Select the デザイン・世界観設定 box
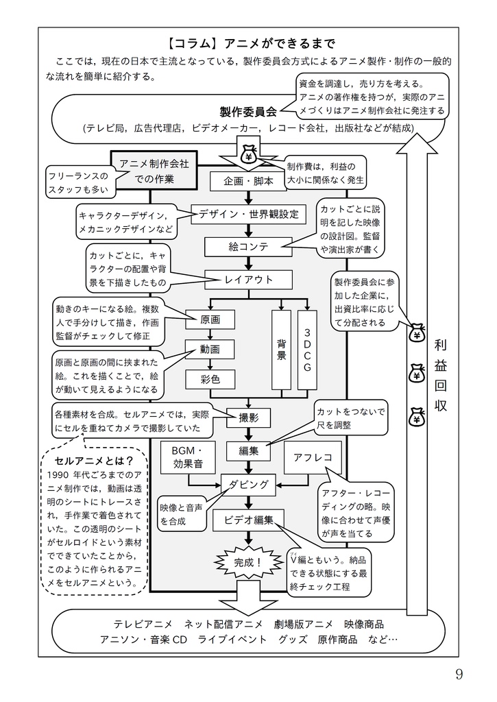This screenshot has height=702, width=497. [x=248, y=214]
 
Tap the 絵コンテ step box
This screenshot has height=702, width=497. [x=248, y=246]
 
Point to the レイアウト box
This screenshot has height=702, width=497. [x=248, y=279]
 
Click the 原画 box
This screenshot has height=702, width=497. [x=210, y=319]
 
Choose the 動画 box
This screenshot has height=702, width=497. [x=210, y=349]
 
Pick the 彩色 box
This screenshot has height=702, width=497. [x=210, y=378]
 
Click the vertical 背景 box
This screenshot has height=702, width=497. [x=281, y=350]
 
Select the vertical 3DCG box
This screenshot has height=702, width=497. [x=306, y=350]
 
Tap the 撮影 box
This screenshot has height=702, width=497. [x=248, y=417]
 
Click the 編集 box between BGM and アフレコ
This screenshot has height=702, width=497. [x=248, y=450]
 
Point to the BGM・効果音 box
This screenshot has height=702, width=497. [x=187, y=458]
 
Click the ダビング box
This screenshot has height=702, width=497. [x=248, y=484]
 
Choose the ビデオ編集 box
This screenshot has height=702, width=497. [x=248, y=520]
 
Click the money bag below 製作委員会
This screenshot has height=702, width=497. [x=248, y=155]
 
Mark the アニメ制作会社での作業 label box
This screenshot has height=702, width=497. [x=154, y=171]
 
